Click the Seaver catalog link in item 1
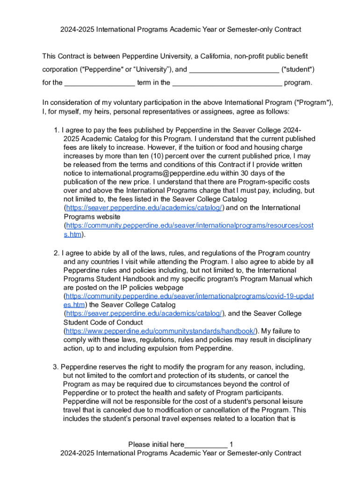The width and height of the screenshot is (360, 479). click(144, 208)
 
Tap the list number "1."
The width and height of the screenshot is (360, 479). click(57, 130)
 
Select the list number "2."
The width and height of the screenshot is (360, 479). click(57, 253)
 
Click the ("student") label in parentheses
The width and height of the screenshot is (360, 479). click(298, 70)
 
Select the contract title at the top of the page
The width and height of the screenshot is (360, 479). click(180, 29)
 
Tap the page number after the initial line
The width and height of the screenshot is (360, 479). click(231, 444)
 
